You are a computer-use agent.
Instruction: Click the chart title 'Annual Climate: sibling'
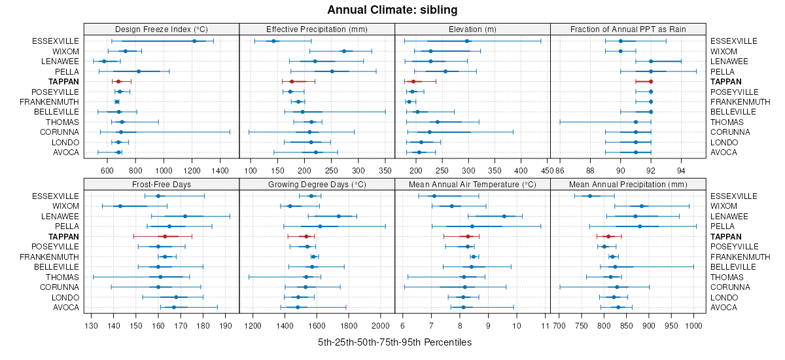tap(392, 10)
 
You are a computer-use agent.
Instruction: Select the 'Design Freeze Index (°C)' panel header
tap(162, 29)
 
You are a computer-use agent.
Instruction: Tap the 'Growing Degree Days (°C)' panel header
tap(317, 184)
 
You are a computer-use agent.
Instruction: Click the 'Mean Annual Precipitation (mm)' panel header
tap(628, 184)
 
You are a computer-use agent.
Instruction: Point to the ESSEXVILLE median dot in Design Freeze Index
tap(194, 41)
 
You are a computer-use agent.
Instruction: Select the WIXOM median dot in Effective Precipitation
tap(344, 51)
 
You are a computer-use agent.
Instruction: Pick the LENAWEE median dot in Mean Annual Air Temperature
tap(504, 216)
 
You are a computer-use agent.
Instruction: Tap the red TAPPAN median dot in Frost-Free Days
tap(164, 236)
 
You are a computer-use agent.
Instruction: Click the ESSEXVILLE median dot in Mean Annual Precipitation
tap(590, 196)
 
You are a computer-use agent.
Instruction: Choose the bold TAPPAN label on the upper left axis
tap(63, 82)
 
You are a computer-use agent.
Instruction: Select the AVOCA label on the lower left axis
tap(66, 308)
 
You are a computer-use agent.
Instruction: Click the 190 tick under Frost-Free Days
tap(226, 325)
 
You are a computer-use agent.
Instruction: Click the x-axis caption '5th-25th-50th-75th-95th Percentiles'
tap(394, 342)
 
